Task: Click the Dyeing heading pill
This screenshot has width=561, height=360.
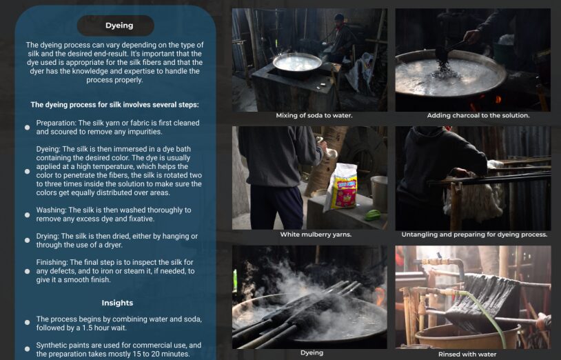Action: (x=116, y=26)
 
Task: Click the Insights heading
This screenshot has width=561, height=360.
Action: (x=117, y=303)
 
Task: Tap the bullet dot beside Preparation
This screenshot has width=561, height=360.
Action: (x=27, y=128)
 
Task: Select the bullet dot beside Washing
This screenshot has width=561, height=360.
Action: (x=27, y=214)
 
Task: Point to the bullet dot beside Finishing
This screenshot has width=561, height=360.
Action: (x=27, y=271)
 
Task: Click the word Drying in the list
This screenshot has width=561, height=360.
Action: (x=47, y=236)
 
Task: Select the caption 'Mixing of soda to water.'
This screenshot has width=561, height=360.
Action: (x=314, y=116)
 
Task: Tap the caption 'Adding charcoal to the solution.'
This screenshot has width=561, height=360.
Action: (x=478, y=116)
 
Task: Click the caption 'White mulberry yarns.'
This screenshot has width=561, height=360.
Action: (x=316, y=234)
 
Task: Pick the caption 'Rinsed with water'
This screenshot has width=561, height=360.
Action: (x=467, y=354)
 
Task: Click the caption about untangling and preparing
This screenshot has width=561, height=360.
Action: (x=474, y=234)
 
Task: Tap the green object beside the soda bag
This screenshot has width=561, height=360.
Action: (x=373, y=215)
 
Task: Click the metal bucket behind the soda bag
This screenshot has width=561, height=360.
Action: (x=379, y=194)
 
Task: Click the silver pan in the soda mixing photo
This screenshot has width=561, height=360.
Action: (x=297, y=63)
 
